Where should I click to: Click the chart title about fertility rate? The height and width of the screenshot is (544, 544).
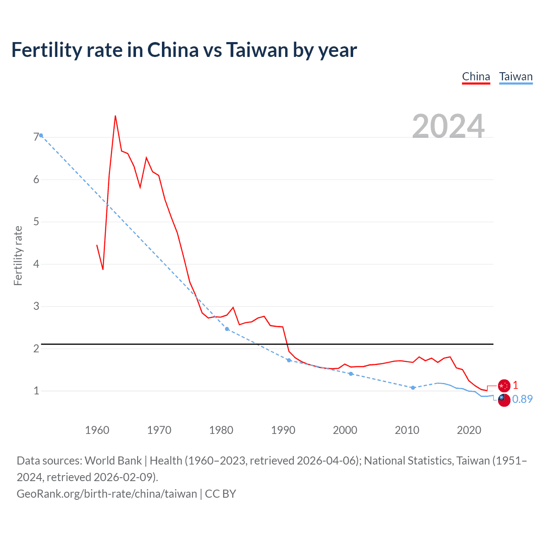point(184,50)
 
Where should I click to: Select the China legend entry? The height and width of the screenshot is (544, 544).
point(476,76)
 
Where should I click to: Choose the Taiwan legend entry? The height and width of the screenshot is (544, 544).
point(516,76)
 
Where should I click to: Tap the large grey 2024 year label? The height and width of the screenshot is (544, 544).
point(448,126)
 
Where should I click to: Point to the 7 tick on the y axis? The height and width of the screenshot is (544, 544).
point(36,137)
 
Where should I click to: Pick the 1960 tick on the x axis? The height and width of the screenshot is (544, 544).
point(97,430)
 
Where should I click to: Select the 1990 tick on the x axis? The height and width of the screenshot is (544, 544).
point(283,430)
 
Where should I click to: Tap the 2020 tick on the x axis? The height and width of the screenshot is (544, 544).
point(469,430)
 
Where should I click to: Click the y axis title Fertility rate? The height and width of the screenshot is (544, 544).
point(18,255)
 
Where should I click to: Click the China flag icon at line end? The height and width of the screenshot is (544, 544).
point(504,385)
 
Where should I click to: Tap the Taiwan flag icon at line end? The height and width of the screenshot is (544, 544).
point(504,400)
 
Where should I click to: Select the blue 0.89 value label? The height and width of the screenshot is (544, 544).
point(522,399)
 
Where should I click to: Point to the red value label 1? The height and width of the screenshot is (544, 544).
point(516,385)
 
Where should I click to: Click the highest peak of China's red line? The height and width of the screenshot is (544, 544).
point(115,116)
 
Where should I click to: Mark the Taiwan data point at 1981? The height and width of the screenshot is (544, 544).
point(227,329)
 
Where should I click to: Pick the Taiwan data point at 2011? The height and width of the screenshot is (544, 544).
point(413,388)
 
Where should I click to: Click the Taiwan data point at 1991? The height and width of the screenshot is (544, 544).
point(289,360)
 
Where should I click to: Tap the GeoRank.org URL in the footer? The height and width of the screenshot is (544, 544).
point(107,494)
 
